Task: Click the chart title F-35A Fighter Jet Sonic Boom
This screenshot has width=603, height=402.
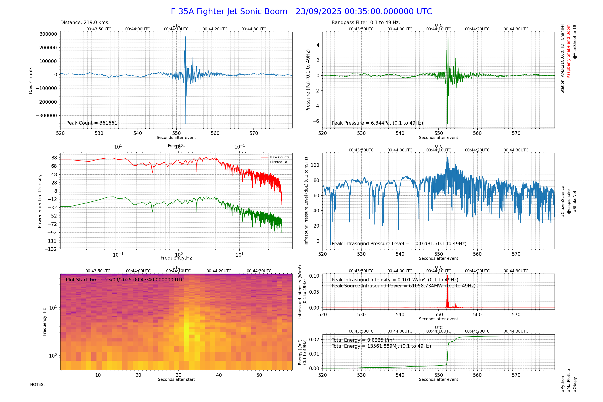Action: coord(301,12)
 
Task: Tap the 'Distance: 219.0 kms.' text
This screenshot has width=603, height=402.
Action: coord(85,23)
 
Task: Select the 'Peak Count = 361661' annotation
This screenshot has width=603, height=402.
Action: coord(92,123)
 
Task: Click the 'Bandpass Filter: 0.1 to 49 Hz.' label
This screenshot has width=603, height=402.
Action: coord(366,23)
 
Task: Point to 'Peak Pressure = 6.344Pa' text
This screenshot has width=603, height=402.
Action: coord(377,123)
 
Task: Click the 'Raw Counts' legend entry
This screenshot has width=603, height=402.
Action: coord(279,157)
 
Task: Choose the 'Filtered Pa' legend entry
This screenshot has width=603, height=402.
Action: coord(278,162)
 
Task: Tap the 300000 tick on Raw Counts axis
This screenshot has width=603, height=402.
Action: coord(48,34)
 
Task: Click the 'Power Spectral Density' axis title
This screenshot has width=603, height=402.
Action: coord(40,201)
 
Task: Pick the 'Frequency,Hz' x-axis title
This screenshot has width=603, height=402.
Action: coord(176,258)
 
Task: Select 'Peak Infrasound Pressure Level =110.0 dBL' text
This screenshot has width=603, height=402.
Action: coord(399,244)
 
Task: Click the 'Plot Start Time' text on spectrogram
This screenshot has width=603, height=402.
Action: coord(125,280)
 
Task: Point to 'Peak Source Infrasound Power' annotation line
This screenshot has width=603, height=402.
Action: coord(403,286)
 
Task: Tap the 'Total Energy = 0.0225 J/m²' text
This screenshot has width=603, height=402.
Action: coord(364,340)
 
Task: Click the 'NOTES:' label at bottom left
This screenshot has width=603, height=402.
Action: coord(38,385)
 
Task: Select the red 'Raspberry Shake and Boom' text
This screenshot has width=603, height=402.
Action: coord(568,51)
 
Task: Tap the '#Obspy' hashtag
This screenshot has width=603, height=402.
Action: coord(575,385)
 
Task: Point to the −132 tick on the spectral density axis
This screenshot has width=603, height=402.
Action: coord(50,249)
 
